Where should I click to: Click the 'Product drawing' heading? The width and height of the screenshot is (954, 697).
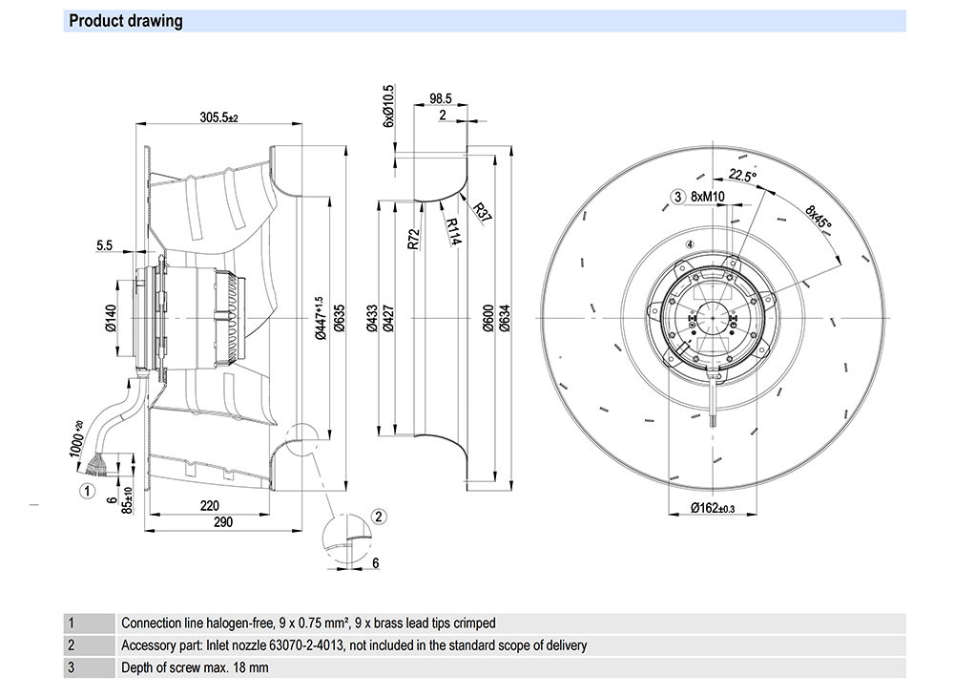coord(126,21)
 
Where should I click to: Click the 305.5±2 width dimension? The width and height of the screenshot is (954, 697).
coord(218,117)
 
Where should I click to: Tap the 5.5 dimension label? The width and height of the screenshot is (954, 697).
coord(105,245)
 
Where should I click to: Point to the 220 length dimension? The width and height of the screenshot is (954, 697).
coord(211,505)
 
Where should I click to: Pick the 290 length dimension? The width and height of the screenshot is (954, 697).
coord(223,522)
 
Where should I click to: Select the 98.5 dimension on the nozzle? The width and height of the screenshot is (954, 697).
coord(440,98)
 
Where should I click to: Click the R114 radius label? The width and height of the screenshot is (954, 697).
coord(454,231)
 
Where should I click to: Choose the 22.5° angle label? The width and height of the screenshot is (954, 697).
coord(742,176)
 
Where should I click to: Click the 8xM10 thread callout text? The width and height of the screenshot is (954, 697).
coord(708,197)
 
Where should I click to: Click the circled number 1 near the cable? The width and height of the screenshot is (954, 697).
coord(87,492)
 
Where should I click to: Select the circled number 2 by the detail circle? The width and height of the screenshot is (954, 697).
coord(378,517)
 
